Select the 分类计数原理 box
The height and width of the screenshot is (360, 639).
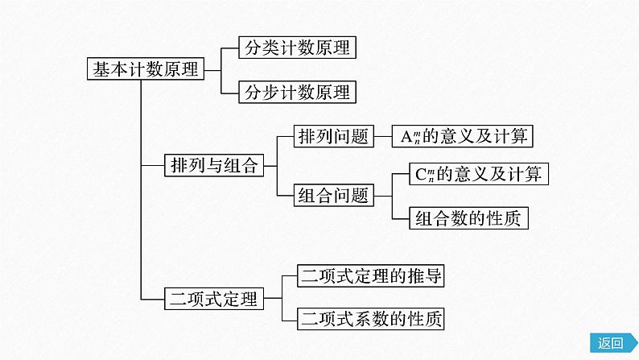click(297, 48)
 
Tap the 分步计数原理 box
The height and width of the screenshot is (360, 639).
click(297, 92)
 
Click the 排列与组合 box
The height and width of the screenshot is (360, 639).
click(213, 167)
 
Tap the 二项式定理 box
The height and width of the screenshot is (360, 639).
click(213, 300)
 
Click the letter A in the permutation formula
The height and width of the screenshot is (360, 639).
click(406, 137)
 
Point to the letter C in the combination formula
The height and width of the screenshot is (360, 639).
click(419, 173)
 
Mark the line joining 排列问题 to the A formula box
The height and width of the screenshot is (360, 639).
click(382, 137)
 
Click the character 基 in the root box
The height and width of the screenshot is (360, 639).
click(100, 69)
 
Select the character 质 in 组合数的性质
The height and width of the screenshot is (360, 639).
click(518, 217)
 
